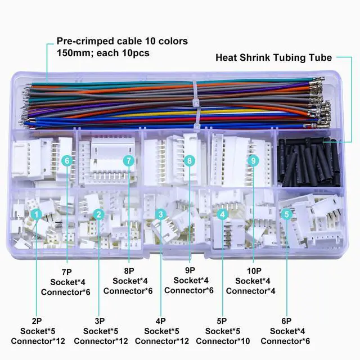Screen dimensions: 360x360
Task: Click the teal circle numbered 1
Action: [x=36, y=214]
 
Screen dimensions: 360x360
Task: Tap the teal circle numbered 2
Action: [x=98, y=214]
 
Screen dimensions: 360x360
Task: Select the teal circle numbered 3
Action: [x=160, y=214]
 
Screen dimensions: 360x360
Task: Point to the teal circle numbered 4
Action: [x=223, y=214]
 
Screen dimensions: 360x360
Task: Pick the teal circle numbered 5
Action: [x=286, y=214]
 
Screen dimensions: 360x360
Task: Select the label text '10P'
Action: [x=253, y=271]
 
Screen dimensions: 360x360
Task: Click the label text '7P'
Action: [x=67, y=271]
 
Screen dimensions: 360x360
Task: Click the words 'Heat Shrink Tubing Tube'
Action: [x=274, y=57]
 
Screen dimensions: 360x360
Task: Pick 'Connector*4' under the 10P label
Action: [x=253, y=291]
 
